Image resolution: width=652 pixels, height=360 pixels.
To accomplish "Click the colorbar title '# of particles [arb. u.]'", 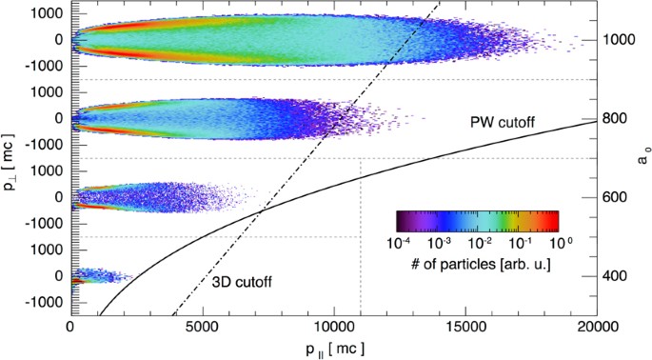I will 477,262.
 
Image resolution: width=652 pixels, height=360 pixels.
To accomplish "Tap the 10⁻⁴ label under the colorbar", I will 400,243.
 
